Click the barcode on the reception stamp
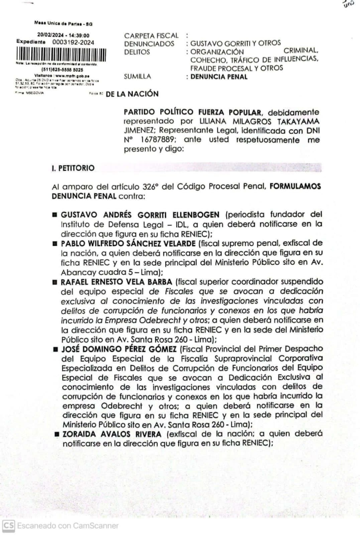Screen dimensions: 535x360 pos(62,54)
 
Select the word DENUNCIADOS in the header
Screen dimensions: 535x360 pos(149,43)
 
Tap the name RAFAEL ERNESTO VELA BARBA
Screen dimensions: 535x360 pos(118,281)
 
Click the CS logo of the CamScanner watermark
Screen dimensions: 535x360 pos(8,526)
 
